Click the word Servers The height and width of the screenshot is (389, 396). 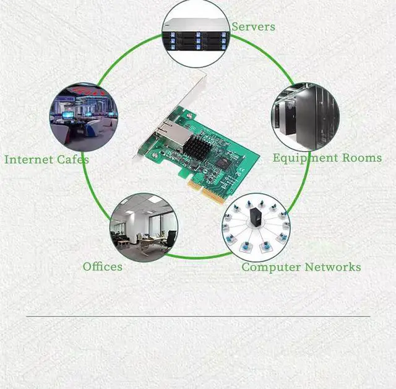pos(253,27)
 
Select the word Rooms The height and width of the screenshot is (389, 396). pos(361,157)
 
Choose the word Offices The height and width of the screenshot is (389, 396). pos(103,266)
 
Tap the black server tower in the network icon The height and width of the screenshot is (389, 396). pos(256,217)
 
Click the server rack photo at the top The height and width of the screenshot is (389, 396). pos(196,33)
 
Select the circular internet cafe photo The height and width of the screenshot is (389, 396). pos(84,117)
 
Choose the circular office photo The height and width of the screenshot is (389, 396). pos(144,226)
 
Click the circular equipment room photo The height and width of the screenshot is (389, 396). pos(306,116)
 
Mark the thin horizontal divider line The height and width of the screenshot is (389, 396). pos(198,317)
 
